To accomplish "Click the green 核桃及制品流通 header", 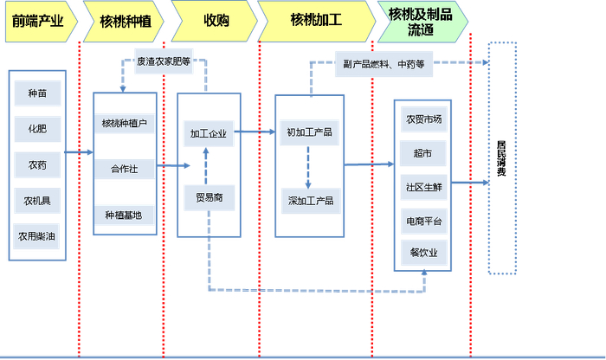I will click(421, 22).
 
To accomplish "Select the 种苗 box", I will click(37, 93).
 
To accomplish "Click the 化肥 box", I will click(37, 128).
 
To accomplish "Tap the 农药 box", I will click(37, 164).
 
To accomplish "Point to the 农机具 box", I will click(37, 202).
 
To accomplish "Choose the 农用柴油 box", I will click(37, 235).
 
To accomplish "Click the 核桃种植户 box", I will click(125, 123).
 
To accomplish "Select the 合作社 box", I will click(125, 168).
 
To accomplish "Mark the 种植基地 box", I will click(125, 214).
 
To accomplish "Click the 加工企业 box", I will click(209, 133).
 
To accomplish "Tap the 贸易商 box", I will click(209, 198).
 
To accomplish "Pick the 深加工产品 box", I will click(310, 201).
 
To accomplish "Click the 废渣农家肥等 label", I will click(164, 62).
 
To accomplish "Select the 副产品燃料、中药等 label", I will click(384, 63).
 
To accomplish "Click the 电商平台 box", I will click(423, 222).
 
